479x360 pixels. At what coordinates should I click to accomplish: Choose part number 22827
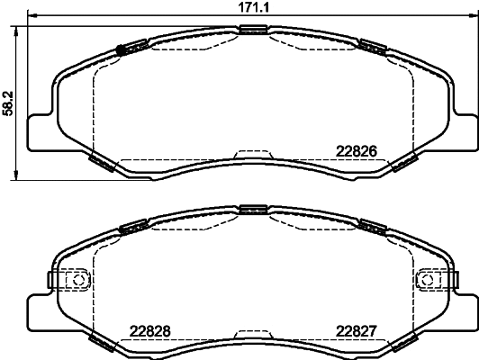[356, 329]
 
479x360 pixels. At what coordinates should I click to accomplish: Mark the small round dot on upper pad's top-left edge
[119, 49]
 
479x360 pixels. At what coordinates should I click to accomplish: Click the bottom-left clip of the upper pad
[102, 162]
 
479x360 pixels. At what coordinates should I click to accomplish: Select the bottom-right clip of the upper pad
[402, 162]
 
